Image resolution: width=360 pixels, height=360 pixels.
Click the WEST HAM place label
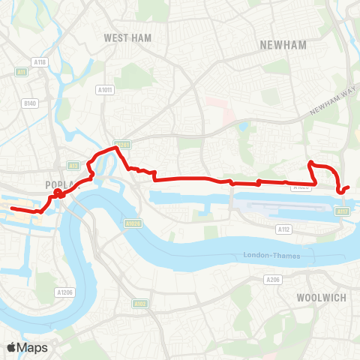pyautogui.click(x=124, y=37)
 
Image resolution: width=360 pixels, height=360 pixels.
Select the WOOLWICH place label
pyautogui.click(x=321, y=297)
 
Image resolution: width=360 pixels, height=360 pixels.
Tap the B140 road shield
pyautogui.click(x=29, y=103)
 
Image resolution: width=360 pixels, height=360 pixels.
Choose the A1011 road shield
pyautogui.click(x=105, y=89)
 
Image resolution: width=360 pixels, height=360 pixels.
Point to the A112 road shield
pyautogui.click(x=283, y=229)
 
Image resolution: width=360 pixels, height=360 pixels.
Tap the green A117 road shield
pyautogui.click(x=343, y=212)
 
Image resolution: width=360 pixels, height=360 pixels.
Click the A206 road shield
pyautogui.click(x=273, y=279)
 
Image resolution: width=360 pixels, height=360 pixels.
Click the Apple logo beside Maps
pyautogui.click(x=13, y=347)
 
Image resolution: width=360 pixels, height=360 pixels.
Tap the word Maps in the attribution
pyautogui.click(x=33, y=347)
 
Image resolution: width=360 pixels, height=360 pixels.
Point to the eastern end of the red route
pyautogui.click(x=349, y=187)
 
